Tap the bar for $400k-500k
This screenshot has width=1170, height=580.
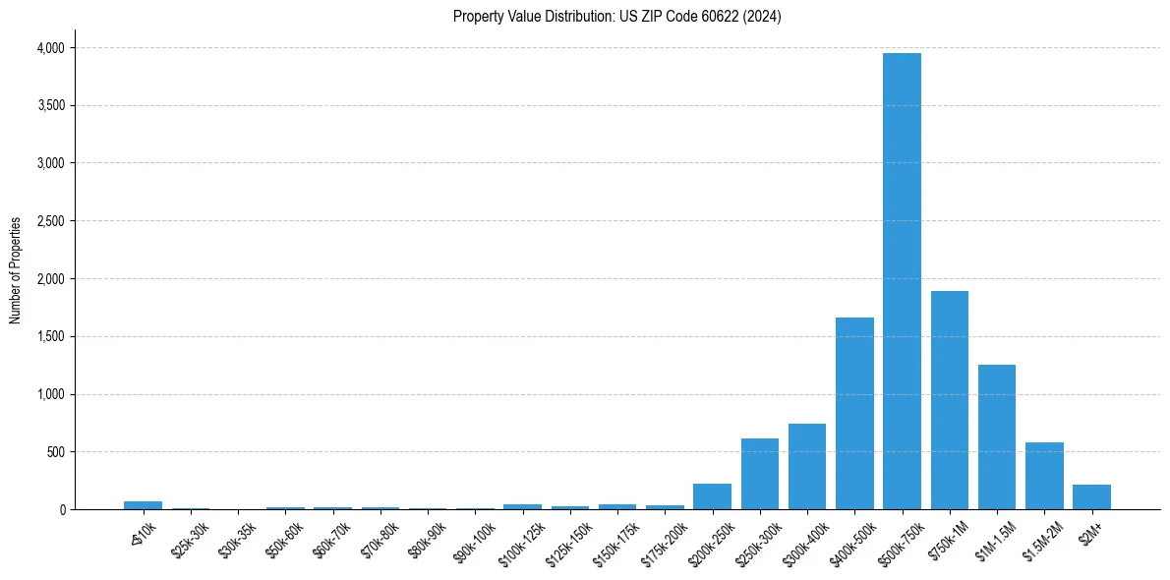pyautogui.click(x=854, y=413)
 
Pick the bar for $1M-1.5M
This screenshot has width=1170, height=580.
pyautogui.click(x=997, y=436)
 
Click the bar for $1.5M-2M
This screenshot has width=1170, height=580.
pyautogui.click(x=1044, y=476)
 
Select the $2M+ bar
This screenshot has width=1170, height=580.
pyautogui.click(x=1091, y=496)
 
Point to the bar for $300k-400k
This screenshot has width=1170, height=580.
pyautogui.click(x=807, y=466)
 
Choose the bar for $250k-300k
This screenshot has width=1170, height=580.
pyautogui.click(x=760, y=474)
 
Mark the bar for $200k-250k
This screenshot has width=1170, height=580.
pyautogui.click(x=713, y=496)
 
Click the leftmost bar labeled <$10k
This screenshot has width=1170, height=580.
pyautogui.click(x=144, y=505)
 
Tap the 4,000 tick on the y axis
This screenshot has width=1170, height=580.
pyautogui.click(x=50, y=48)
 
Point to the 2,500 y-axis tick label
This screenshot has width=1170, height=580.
pyautogui.click(x=50, y=221)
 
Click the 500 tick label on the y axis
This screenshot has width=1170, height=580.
pyautogui.click(x=56, y=452)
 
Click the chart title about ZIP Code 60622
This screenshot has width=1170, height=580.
pyautogui.click(x=616, y=17)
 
